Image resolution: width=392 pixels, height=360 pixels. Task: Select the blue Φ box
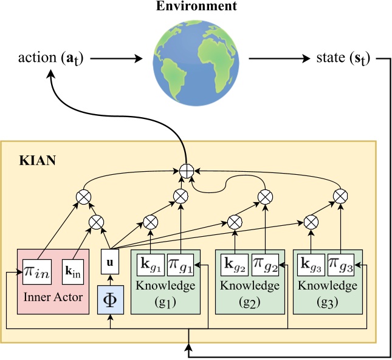(x=109, y=301)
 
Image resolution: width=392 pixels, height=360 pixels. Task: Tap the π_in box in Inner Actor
(x=36, y=270)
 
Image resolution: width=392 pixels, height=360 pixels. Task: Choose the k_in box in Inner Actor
(x=73, y=270)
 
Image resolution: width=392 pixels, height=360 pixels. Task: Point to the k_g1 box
(x=150, y=265)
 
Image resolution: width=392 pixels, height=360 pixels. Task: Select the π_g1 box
(x=181, y=265)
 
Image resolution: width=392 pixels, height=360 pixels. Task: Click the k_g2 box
(x=235, y=265)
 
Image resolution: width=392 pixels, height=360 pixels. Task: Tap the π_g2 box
(x=266, y=265)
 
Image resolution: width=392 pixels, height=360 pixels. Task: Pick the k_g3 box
(x=312, y=265)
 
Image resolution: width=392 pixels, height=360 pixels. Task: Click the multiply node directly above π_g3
(x=342, y=195)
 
